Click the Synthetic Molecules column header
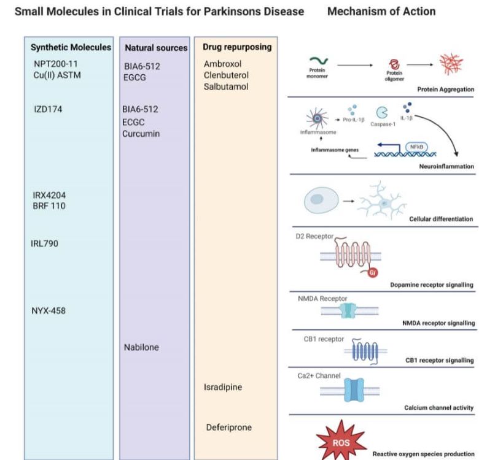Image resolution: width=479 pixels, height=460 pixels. coord(71,47)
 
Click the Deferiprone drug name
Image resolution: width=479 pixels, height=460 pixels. coord(229,427)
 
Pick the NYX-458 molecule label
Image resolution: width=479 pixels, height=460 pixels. coord(49,310)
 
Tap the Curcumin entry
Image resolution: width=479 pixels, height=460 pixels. coord(141,134)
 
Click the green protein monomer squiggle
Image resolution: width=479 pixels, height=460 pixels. coord(321,61)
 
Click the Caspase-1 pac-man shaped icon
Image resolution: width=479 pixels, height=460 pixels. coord(383,112)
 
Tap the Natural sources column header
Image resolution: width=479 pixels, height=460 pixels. coord(156,47)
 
